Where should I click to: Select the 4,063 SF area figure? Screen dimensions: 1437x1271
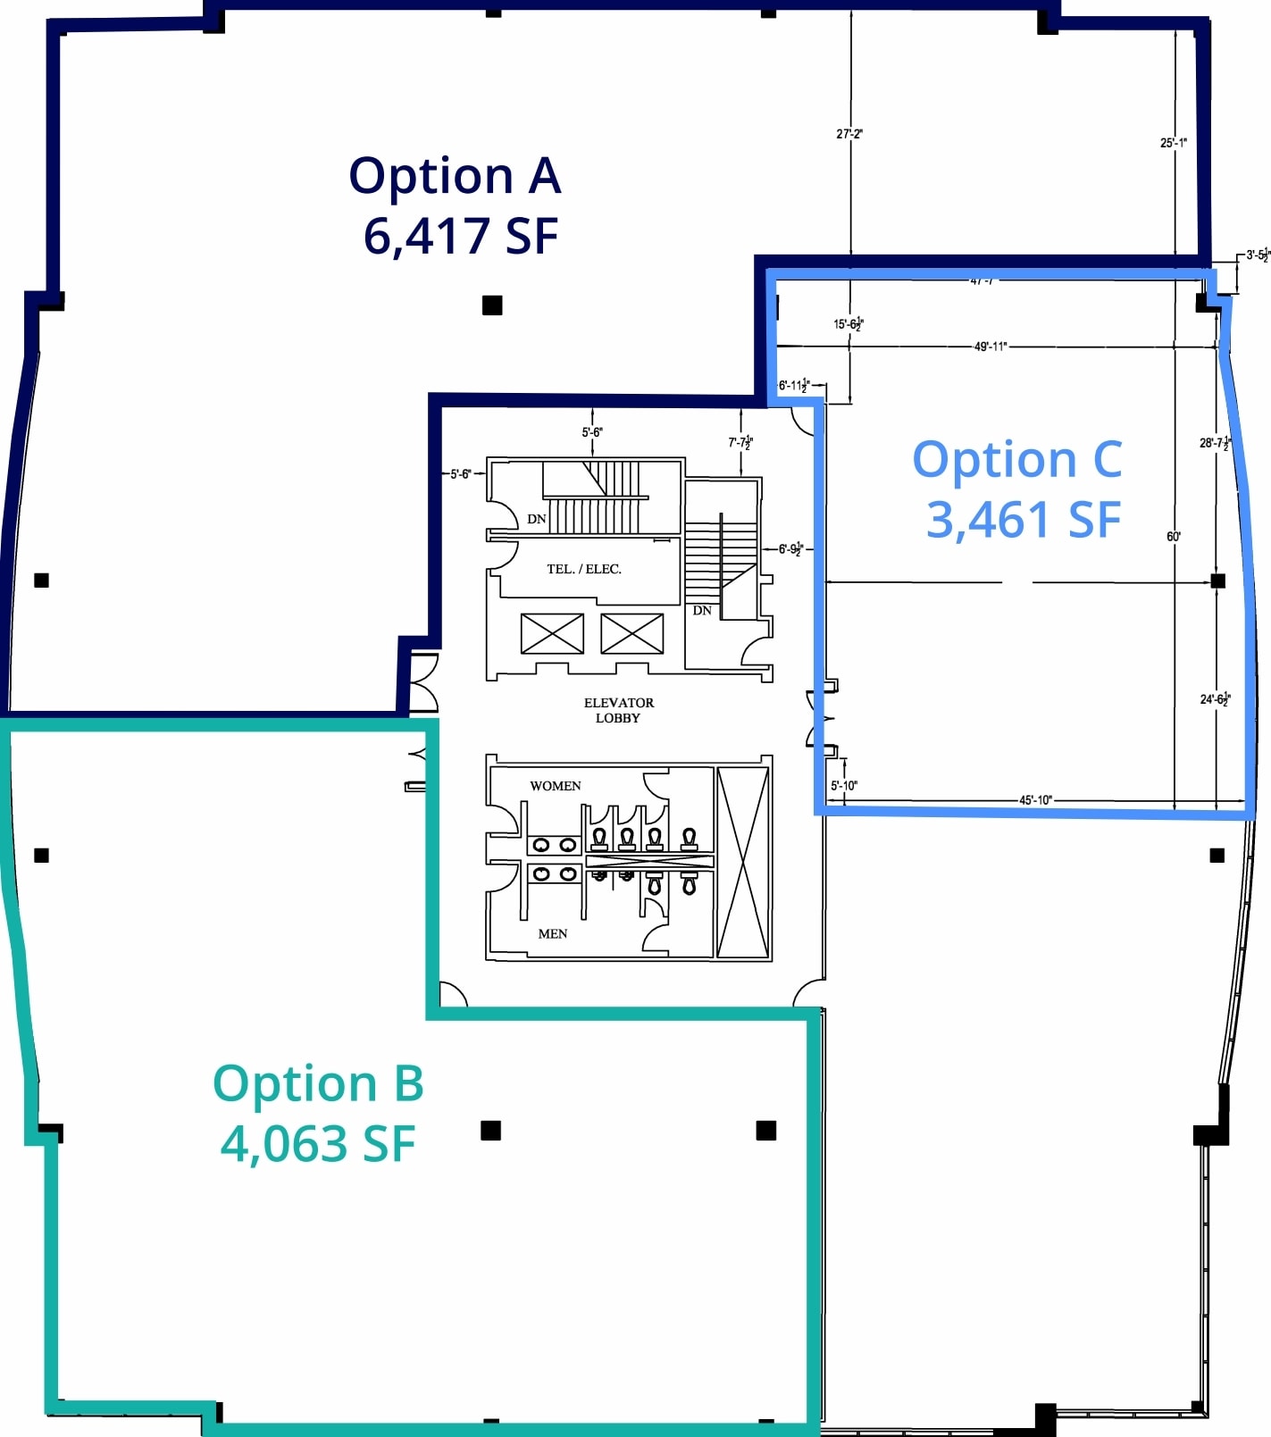318,1143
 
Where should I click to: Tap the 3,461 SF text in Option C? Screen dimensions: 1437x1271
1023,520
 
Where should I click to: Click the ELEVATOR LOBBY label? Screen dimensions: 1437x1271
618,710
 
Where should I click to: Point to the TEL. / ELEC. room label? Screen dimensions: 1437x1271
584,569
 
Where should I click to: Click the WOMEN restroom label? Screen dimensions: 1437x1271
555,786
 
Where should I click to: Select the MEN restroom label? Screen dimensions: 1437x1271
552,933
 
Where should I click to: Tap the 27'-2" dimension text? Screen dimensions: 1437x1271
849,134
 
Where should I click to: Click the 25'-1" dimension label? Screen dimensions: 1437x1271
1173,143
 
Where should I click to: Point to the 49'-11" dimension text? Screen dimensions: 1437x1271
990,347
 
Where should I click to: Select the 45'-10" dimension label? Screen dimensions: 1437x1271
1035,799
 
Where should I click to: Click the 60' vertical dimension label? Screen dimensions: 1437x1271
1173,537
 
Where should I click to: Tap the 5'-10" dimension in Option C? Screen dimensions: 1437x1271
843,786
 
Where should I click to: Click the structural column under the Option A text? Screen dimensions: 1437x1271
492,305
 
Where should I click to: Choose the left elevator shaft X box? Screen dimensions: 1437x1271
552,633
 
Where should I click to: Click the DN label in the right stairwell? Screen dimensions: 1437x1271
702,610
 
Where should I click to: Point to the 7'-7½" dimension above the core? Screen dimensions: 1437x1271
740,442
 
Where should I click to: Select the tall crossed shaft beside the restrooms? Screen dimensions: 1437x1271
743,862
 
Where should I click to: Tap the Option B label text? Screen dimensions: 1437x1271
318,1083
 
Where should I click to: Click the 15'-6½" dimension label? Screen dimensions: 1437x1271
848,324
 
